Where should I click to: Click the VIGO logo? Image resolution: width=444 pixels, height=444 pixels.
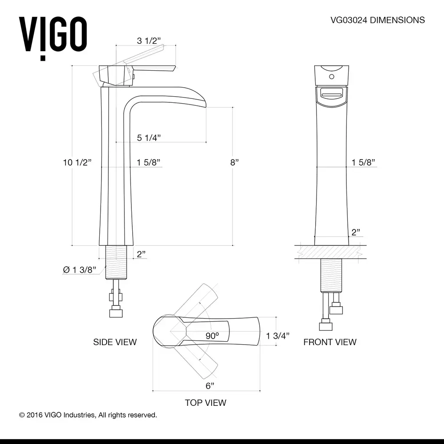[53, 38]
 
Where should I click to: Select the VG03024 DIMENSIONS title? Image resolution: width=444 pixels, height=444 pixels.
[378, 20]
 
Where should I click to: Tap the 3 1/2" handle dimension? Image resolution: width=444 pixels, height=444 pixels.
[149, 41]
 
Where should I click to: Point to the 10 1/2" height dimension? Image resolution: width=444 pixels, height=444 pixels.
[77, 162]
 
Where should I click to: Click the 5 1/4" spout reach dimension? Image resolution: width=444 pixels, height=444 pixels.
[149, 138]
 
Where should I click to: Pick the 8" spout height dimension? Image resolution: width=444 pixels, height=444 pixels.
[235, 162]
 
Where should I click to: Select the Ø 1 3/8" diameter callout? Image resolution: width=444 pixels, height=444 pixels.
[79, 270]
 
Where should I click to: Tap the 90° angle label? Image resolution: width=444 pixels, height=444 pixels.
[212, 336]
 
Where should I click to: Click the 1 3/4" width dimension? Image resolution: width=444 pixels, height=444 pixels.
[277, 336]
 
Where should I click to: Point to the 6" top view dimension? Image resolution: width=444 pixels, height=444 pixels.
[210, 385]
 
